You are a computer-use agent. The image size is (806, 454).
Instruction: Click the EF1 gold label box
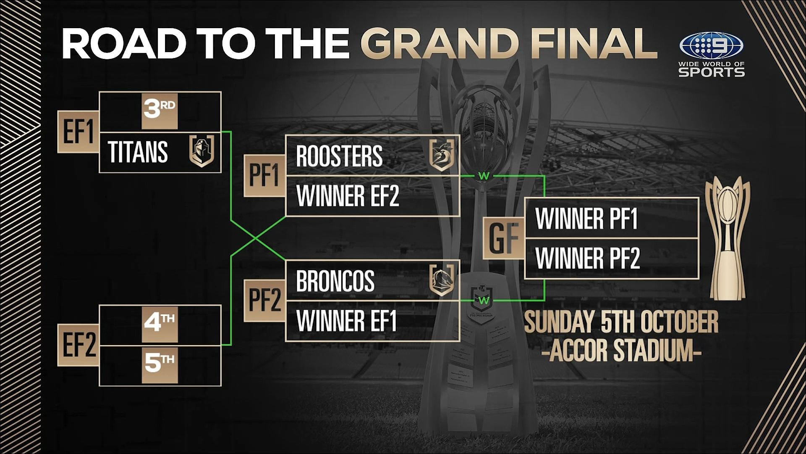click(x=78, y=132)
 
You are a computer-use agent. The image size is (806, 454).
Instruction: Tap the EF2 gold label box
click(x=78, y=345)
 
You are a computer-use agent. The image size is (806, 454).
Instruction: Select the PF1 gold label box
click(x=265, y=175)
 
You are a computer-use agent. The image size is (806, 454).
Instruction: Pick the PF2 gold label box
click(x=265, y=301)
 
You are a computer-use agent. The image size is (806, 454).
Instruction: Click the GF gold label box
click(x=504, y=238)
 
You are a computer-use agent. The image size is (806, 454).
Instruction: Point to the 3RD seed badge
click(x=160, y=111)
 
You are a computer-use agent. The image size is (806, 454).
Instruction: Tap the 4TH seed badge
click(x=160, y=324)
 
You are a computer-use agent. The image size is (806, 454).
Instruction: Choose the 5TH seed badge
click(x=160, y=365)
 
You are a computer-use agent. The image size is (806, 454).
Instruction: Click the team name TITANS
click(x=138, y=152)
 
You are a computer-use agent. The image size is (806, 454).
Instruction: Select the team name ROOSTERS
click(x=339, y=156)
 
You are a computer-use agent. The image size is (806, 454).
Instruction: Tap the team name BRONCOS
click(x=335, y=281)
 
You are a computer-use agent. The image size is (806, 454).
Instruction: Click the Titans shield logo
click(x=202, y=151)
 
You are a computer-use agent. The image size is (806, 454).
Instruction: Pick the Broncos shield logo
click(x=442, y=280)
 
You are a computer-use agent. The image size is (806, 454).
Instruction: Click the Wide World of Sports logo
click(x=712, y=55)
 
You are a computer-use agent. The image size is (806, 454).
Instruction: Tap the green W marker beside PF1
click(x=484, y=176)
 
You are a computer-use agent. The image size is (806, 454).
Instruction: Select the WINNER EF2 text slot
click(x=348, y=196)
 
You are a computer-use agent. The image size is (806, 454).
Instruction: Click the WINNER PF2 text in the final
click(x=588, y=258)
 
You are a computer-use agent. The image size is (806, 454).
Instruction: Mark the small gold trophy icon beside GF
click(x=727, y=239)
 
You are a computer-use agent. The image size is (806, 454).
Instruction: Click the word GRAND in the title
click(x=439, y=43)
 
